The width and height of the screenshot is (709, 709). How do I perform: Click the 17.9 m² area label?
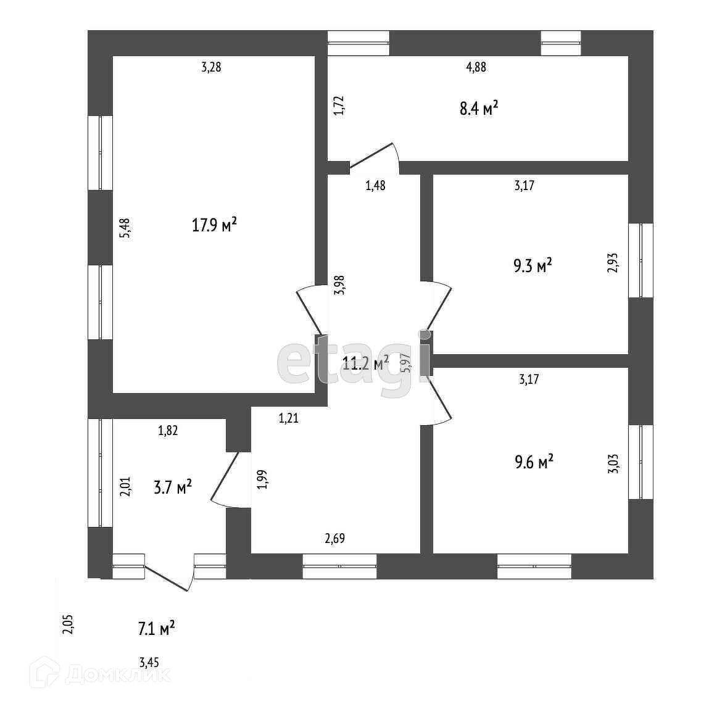pos(214,226)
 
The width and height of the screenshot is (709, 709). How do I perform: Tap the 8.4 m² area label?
pos(479,110)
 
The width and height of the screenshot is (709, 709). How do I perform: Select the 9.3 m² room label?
pos(533,266)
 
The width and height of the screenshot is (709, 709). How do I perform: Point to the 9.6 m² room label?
pos(534,462)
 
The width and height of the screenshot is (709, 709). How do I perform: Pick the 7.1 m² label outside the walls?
pos(156,629)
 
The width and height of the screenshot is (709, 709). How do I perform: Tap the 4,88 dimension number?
pos(476,68)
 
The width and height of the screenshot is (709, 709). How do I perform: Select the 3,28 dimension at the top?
pos(211,67)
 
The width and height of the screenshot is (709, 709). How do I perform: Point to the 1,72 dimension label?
pos(338,106)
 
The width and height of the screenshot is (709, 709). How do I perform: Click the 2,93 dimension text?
pos(612,263)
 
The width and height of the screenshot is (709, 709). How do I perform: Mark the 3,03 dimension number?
pos(612,463)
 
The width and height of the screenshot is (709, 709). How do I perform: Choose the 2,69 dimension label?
pos(334,539)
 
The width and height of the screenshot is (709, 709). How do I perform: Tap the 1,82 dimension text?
pos(168,431)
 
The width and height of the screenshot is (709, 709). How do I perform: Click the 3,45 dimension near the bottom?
pos(149,663)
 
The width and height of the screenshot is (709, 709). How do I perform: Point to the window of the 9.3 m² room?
pos(641,260)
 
